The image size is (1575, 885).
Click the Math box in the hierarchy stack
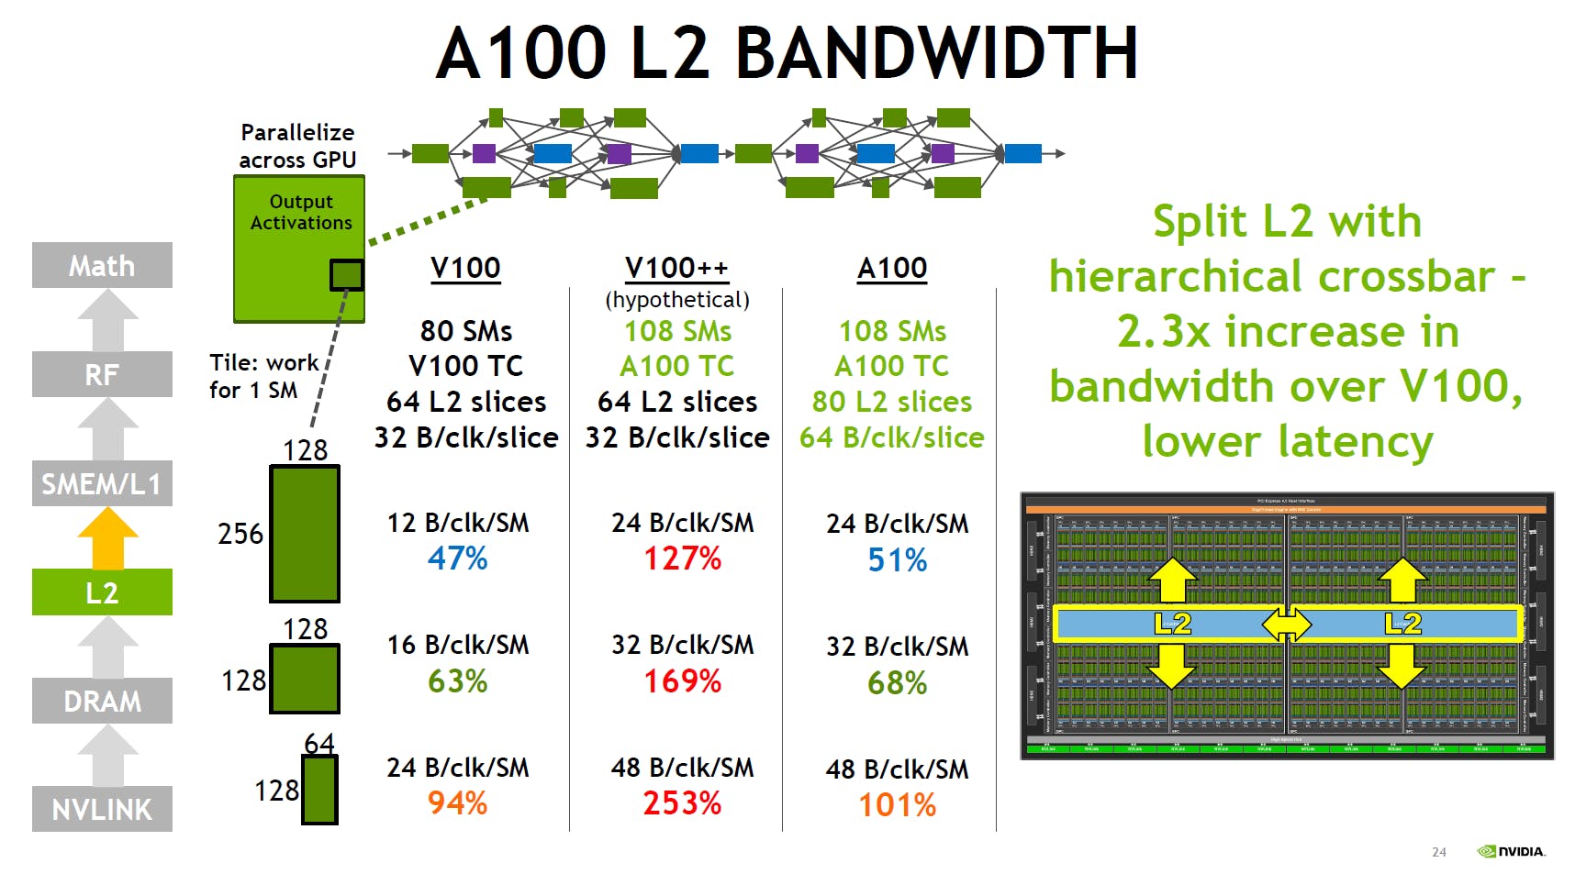click(102, 266)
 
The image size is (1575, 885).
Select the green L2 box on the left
click(102, 592)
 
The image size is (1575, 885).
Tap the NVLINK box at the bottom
click(102, 809)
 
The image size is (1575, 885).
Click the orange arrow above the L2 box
click(107, 538)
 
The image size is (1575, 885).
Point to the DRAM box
click(102, 701)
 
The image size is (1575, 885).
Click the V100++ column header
click(676, 268)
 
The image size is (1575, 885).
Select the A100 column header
click(891, 268)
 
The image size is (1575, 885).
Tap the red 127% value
click(682, 559)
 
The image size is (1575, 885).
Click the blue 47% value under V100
click(457, 559)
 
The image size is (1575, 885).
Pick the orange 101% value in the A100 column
click(897, 805)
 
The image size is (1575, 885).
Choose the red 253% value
click(682, 803)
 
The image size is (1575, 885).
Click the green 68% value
click(897, 682)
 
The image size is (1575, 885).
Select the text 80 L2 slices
click(891, 402)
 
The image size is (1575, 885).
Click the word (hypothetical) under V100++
click(676, 300)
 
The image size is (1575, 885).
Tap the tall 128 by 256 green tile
click(305, 534)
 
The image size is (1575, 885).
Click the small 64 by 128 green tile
click(319, 790)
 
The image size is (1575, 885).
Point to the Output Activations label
click(300, 212)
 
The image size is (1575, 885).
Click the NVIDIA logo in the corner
click(1511, 852)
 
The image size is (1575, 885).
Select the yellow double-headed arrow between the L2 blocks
click(1287, 625)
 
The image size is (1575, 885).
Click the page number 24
click(1438, 852)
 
